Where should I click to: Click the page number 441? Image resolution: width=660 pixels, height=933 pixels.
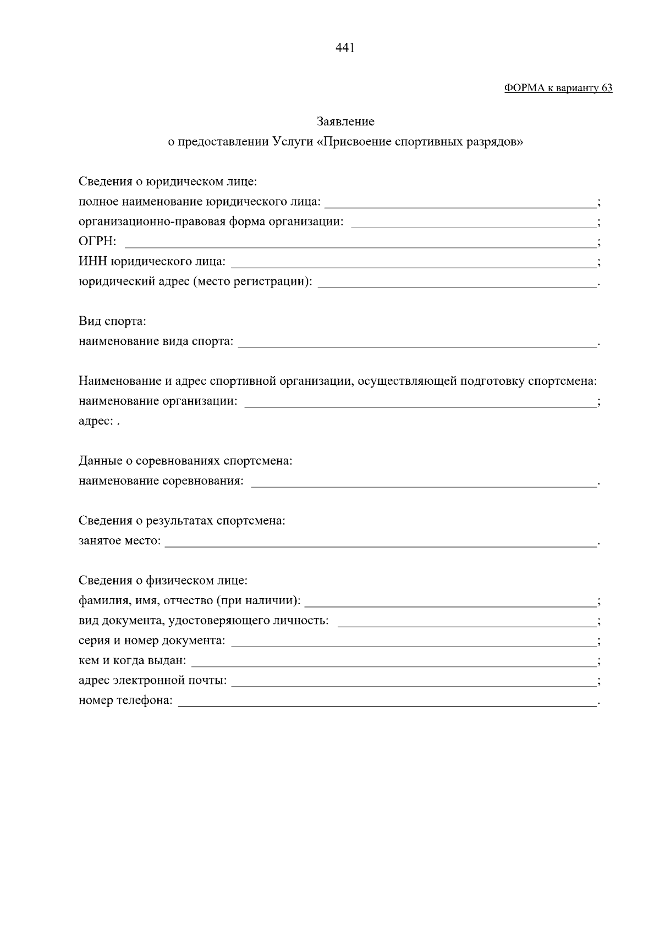pyautogui.click(x=345, y=48)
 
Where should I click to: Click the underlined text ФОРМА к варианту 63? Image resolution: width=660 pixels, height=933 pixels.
pyautogui.click(x=558, y=88)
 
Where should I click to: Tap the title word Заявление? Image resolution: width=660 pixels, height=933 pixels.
pyautogui.click(x=345, y=121)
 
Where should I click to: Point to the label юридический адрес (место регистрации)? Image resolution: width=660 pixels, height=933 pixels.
pyautogui.click(x=195, y=282)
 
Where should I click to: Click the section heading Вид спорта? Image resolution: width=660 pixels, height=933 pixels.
pyautogui.click(x=112, y=321)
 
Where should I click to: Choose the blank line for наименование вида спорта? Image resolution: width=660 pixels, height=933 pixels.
pyautogui.click(x=417, y=342)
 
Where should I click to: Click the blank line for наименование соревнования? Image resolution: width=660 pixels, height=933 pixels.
pyautogui.click(x=424, y=482)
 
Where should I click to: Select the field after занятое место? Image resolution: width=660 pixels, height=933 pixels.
pyautogui.click(x=381, y=542)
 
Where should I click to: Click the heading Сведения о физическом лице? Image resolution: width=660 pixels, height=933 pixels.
pyautogui.click(x=163, y=581)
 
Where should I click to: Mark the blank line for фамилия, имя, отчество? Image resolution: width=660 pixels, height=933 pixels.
pyautogui.click(x=450, y=601)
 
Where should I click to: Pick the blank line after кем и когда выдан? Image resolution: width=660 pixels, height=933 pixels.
pyautogui.click(x=393, y=661)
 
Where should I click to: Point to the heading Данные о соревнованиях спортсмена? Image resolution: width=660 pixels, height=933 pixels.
pyautogui.click(x=185, y=461)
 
